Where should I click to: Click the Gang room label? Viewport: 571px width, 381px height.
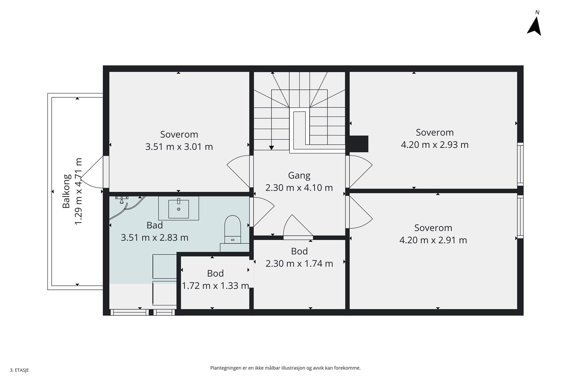299,175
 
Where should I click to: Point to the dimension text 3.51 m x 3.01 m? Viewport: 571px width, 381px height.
179,147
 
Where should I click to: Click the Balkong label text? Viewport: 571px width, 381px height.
66,191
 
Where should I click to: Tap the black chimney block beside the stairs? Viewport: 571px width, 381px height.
359,144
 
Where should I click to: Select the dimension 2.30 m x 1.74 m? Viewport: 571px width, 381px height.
299,264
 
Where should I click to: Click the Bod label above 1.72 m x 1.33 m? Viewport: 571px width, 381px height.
215,273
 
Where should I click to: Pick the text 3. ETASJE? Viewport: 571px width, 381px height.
19,370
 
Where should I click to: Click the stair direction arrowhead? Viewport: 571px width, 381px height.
271,148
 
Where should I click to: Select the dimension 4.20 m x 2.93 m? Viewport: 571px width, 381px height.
435,145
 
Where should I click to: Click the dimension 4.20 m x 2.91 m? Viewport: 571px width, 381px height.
433,240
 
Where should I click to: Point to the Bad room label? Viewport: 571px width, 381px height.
154,225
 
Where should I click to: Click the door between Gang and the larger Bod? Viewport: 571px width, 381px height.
298,238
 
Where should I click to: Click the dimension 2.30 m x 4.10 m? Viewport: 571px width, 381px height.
299,188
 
